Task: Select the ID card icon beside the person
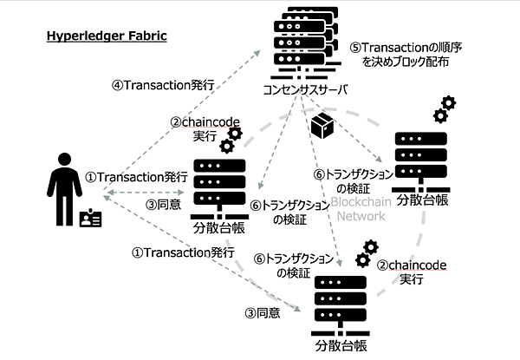coord(90,219)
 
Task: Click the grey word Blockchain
coord(363,201)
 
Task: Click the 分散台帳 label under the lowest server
coord(341,347)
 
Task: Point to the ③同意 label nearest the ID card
coord(163,206)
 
